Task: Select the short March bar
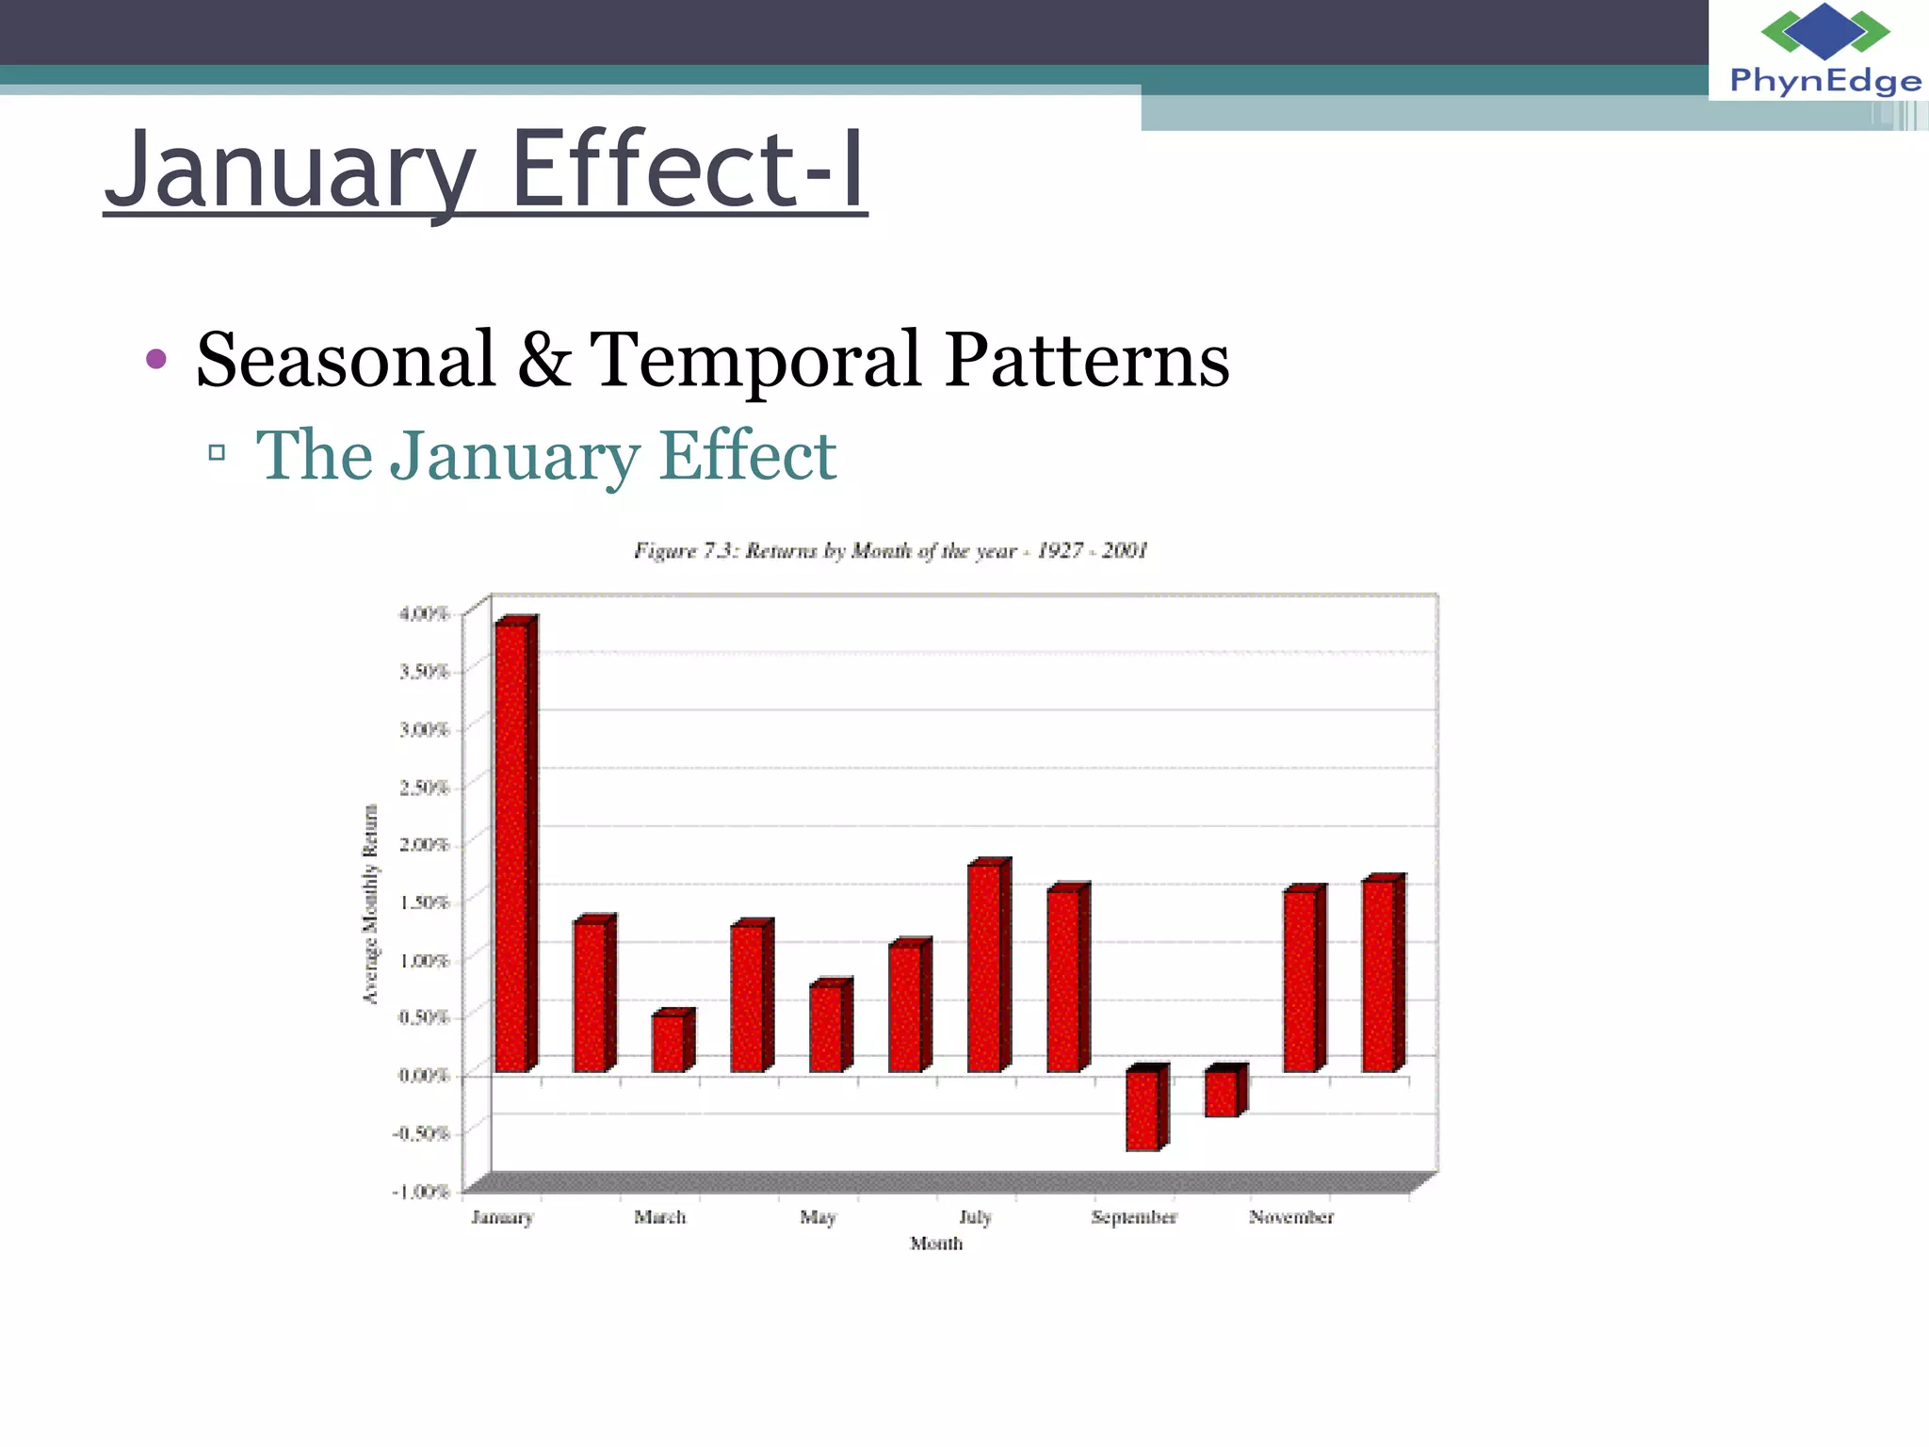(670, 1042)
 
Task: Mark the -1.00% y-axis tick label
(421, 1192)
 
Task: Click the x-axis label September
(1134, 1217)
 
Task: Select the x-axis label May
(818, 1217)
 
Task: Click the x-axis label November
(1291, 1217)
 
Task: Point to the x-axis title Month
(936, 1244)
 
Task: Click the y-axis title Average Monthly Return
(371, 904)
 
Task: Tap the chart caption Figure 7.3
(891, 551)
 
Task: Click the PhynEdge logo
(1824, 50)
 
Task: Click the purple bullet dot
(156, 359)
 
